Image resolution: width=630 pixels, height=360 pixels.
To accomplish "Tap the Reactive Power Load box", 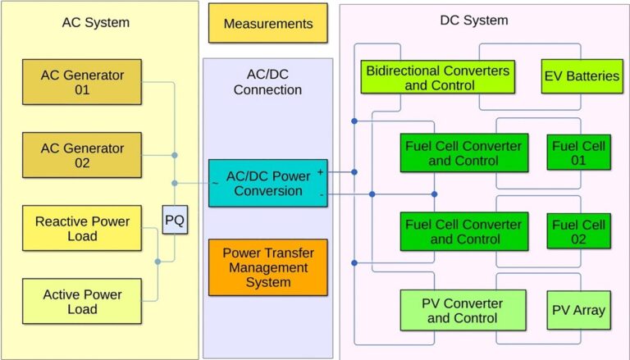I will coord(83,229).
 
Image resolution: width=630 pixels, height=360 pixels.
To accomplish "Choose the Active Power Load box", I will coord(83,301).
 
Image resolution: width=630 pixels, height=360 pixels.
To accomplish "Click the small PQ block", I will coord(175,221).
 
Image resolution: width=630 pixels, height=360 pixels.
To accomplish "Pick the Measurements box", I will coord(267,23).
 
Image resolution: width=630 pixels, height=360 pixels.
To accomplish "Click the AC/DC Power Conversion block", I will coord(267,183).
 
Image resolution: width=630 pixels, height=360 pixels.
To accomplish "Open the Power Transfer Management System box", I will coord(267,267).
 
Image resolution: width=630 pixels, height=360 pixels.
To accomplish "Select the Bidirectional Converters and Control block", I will coord(438,76).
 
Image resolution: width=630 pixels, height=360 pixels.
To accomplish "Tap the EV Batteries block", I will coord(581,76).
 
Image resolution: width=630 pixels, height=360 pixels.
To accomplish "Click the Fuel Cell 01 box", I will coord(578,153).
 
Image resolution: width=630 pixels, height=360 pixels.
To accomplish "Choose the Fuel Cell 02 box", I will coord(578,231).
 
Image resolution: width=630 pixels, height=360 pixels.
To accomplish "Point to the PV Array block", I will coord(578,310).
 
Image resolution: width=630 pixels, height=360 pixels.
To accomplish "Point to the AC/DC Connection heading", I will coord(267,81).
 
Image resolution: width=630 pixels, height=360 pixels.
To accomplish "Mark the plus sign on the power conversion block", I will coord(319,173).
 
